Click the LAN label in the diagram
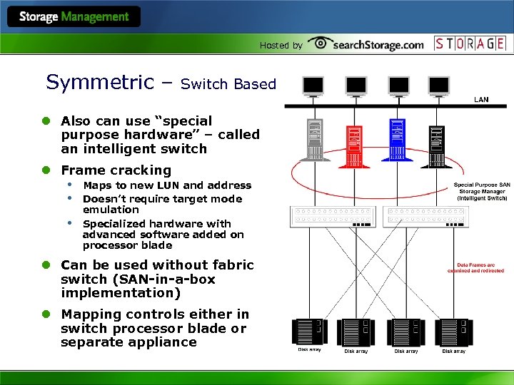pos(481,100)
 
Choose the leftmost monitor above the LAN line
pos(313,86)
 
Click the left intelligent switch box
pos(331,216)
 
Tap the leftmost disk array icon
pos(307,332)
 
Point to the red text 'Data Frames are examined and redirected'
pos(475,267)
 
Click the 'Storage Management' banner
pos(74,16)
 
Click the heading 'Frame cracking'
pos(116,170)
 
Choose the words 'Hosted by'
pos(281,46)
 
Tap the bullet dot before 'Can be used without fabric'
pos(45,265)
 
